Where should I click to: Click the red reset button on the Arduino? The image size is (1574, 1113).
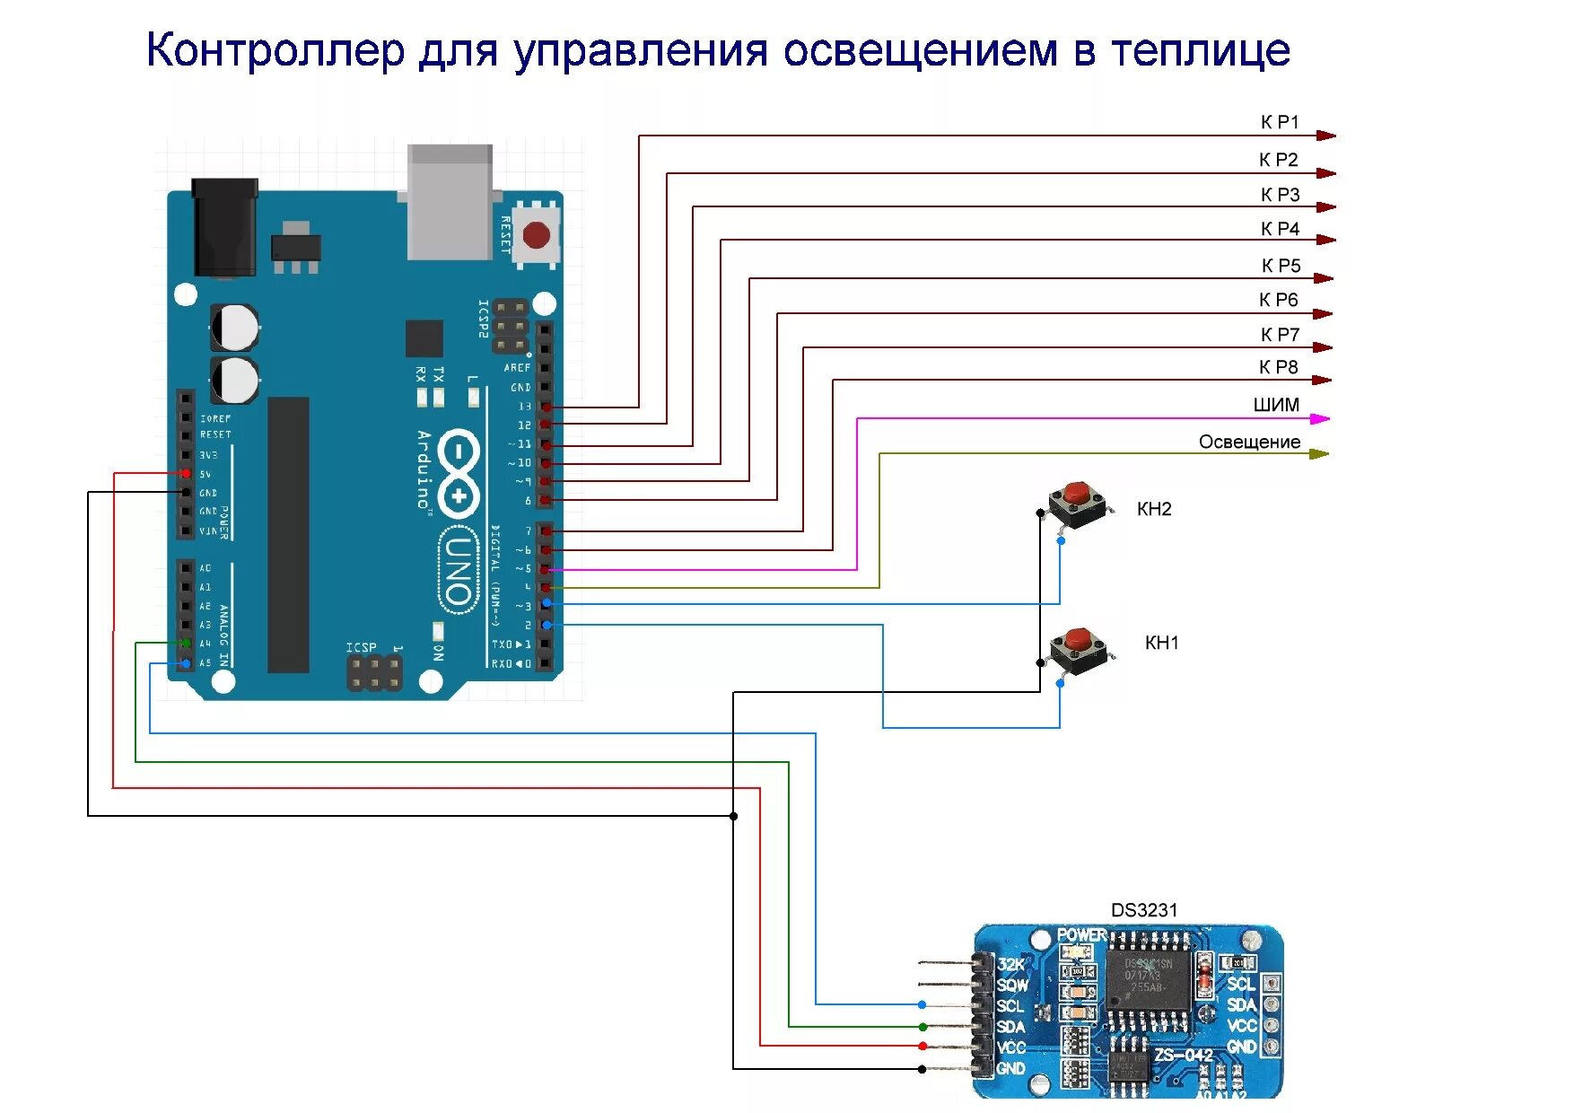pyautogui.click(x=537, y=236)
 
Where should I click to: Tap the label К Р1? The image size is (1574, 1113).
pyautogui.click(x=1280, y=122)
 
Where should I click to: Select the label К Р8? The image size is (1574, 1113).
pyautogui.click(x=1278, y=367)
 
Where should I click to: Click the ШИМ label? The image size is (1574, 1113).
pyautogui.click(x=1276, y=405)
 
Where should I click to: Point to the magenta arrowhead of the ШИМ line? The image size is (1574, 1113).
pyautogui.click(x=1320, y=418)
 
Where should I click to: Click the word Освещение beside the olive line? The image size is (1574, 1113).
pyautogui.click(x=1249, y=442)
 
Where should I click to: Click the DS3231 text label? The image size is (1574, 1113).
pyautogui.click(x=1143, y=910)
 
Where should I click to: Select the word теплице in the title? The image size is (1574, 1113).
pyautogui.click(x=1201, y=51)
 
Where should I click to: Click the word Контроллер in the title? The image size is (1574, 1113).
pyautogui.click(x=275, y=51)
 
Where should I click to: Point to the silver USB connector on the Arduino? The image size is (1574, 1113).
pyautogui.click(x=450, y=202)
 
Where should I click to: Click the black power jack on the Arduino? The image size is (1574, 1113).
pyautogui.click(x=224, y=226)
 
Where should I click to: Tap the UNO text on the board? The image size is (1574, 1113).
pyautogui.click(x=458, y=571)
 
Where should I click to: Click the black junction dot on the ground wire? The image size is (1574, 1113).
pyautogui.click(x=734, y=816)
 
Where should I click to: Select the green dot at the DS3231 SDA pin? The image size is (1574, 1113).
pyautogui.click(x=923, y=1026)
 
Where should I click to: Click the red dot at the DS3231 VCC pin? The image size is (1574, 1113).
pyautogui.click(x=923, y=1046)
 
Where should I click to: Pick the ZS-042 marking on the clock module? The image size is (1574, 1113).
pyautogui.click(x=1183, y=1054)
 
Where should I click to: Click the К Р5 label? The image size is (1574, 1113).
pyautogui.click(x=1281, y=266)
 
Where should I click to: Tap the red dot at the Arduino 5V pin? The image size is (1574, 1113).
pyautogui.click(x=186, y=473)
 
